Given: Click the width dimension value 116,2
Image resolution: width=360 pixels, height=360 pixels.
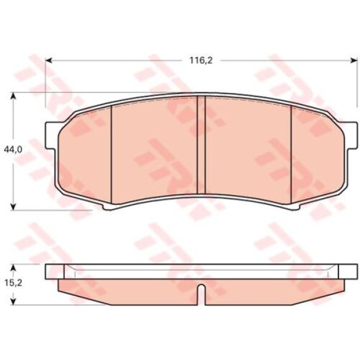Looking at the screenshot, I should [x=199, y=60].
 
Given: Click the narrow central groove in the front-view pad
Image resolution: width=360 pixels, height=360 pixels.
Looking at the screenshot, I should [x=202, y=150].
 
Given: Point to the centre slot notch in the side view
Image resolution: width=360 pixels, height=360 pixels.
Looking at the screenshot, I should [x=204, y=292].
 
